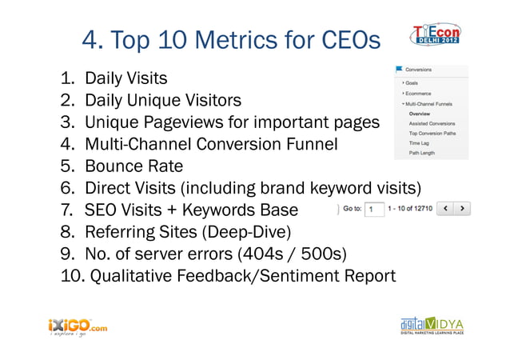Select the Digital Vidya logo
pyautogui.click(x=432, y=326)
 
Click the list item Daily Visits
pyautogui.click(x=126, y=78)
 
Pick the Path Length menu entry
pyautogui.click(x=423, y=152)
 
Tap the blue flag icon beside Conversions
pyautogui.click(x=398, y=70)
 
